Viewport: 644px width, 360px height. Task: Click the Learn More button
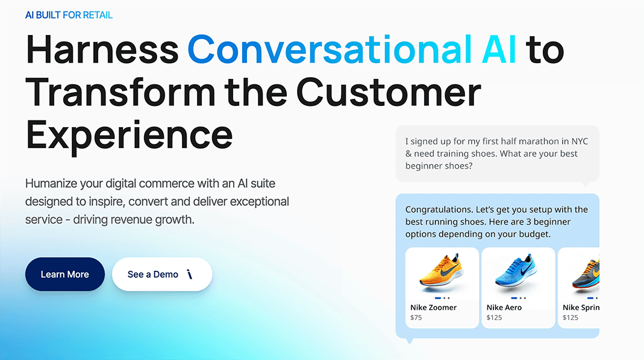[65, 274]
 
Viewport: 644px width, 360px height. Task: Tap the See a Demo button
[162, 274]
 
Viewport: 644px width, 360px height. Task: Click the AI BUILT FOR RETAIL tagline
[69, 15]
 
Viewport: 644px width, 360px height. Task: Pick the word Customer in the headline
[389, 92]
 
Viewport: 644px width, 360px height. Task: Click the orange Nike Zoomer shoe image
[442, 270]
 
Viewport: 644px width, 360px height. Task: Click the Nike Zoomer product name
[433, 308]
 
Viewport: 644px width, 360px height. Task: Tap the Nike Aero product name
[504, 308]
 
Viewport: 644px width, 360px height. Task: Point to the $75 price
[416, 317]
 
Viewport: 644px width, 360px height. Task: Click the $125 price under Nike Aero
[494, 317]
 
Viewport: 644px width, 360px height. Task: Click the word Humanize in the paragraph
[52, 183]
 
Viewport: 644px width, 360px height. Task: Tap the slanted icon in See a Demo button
[189, 274]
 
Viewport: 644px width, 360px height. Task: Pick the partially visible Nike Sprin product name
[581, 308]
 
